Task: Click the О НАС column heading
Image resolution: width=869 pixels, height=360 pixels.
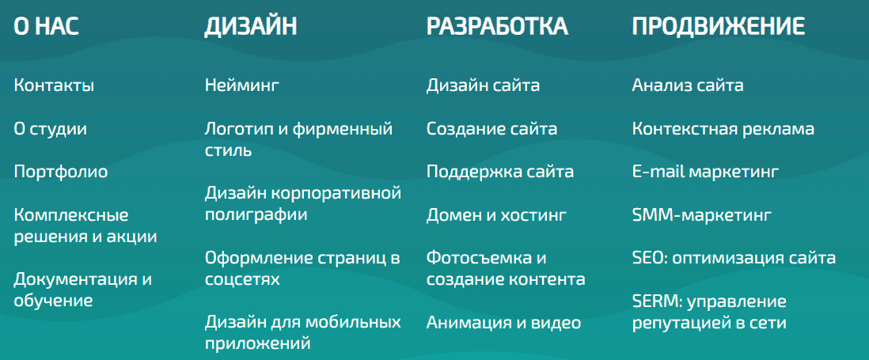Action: point(47,27)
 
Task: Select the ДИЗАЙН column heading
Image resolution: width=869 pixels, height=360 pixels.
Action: point(251,27)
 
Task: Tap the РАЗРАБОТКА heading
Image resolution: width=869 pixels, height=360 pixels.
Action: point(497,27)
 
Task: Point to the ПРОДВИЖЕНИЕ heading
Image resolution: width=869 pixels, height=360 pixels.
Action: point(719,27)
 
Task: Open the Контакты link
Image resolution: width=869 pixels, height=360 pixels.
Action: point(54,85)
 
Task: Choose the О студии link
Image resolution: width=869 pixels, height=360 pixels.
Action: point(51,130)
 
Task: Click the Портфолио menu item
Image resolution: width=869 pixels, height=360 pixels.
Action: point(61,172)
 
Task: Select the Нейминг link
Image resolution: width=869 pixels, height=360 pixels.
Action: point(242,85)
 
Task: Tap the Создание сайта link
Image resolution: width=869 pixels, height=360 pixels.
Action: point(492,129)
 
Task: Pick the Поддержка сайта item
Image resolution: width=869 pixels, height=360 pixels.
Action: point(500,172)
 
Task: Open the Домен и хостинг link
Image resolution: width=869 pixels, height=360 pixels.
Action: point(496,215)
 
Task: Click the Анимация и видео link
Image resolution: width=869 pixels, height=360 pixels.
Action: point(504,323)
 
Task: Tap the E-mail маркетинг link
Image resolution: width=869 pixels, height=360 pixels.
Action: point(705,172)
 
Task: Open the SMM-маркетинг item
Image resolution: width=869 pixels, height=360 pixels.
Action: point(702,215)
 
